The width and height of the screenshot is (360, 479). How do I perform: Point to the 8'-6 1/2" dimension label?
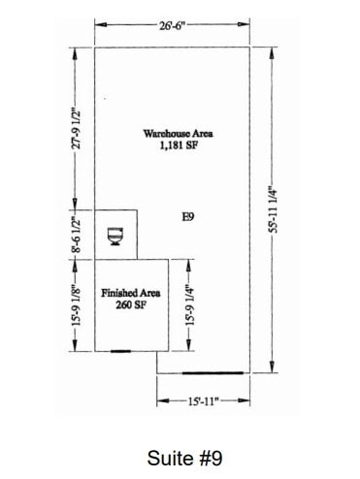point(75,234)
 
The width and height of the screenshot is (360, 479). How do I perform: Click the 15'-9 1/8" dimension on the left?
point(75,304)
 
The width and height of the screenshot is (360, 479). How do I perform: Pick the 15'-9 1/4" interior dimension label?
point(190,304)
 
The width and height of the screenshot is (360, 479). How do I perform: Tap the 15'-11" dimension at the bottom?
point(204,399)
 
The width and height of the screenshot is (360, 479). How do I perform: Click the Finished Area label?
point(131,293)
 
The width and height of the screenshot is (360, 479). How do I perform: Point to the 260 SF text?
point(131,304)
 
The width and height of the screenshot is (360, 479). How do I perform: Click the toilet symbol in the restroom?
point(115,236)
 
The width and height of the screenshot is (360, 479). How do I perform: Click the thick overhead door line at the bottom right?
point(212,371)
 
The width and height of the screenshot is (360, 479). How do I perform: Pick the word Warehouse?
point(161,133)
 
